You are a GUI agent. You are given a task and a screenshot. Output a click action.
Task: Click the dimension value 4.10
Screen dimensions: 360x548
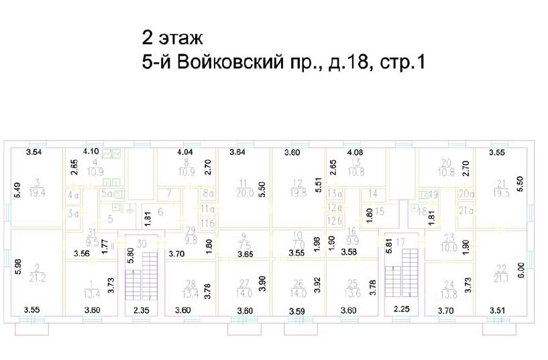[91, 152]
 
